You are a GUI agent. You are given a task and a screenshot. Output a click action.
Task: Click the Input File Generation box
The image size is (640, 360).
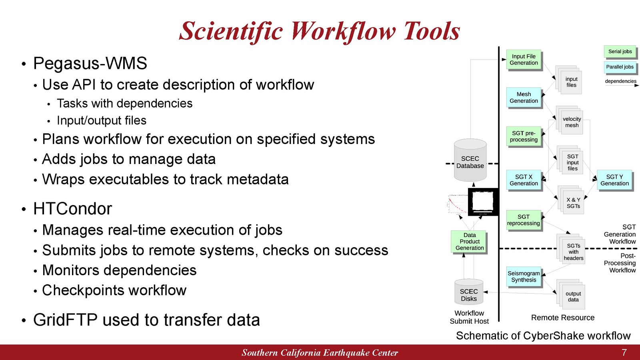524,60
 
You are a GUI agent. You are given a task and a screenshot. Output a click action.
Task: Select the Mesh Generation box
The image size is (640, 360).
524,98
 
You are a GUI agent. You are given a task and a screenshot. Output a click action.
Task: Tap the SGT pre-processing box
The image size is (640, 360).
524,136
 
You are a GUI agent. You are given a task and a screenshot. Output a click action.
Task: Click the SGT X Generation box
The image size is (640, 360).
524,180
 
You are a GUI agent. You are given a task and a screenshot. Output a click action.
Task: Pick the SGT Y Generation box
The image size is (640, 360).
614,180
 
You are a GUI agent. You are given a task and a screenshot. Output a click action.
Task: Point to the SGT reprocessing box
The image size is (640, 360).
524,220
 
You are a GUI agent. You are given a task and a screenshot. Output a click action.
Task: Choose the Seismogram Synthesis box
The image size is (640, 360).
524,276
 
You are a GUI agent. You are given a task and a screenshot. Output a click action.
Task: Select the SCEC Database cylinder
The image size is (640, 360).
470,160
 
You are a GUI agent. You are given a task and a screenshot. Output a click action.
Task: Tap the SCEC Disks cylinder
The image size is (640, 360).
469,292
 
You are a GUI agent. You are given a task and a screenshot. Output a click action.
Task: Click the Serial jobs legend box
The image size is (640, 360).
620,52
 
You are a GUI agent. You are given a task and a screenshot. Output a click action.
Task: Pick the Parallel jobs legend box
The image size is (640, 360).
620,67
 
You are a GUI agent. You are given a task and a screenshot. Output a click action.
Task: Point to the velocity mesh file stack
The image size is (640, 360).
570,120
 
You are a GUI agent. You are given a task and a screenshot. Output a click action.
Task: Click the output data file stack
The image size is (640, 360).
571,294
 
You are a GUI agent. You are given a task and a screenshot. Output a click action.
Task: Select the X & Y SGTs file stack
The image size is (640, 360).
571,200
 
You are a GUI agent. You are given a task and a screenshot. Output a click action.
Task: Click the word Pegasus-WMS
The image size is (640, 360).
90,63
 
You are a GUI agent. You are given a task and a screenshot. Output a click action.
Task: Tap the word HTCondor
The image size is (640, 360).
72,208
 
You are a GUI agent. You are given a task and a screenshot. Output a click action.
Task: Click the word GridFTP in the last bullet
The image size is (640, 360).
65,320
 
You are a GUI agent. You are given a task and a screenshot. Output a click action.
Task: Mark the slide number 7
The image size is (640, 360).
624,352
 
